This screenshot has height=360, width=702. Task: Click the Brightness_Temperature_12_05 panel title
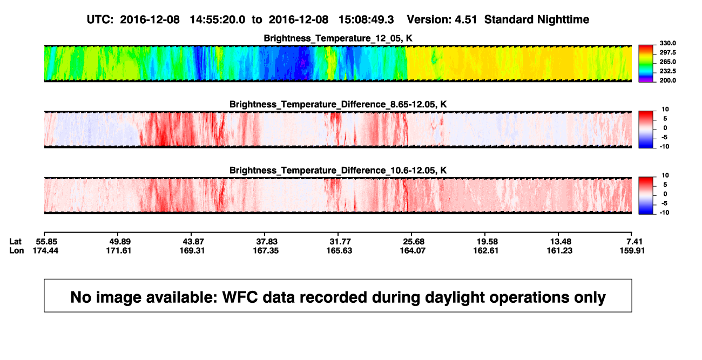(338, 38)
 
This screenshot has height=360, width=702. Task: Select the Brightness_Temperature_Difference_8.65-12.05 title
(338, 104)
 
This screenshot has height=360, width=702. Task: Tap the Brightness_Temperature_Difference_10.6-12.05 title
(338, 171)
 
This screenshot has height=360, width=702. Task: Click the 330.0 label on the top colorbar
(667, 43)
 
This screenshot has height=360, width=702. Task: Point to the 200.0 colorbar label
(667, 80)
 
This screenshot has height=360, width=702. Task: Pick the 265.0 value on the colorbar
(667, 62)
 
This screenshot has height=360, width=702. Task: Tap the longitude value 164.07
(413, 250)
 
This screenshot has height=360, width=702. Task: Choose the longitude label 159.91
(632, 250)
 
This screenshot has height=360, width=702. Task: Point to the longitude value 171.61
(118, 250)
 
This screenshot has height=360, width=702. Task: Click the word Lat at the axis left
(15, 242)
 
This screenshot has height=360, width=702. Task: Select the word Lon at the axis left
(17, 250)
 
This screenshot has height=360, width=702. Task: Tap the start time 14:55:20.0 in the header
(218, 20)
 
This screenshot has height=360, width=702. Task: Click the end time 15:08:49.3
(366, 20)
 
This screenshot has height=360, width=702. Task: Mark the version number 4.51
(466, 20)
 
